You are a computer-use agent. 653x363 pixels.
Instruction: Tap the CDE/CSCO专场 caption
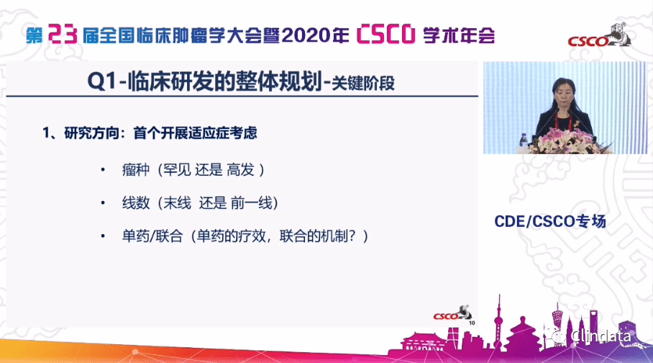point(551,221)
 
